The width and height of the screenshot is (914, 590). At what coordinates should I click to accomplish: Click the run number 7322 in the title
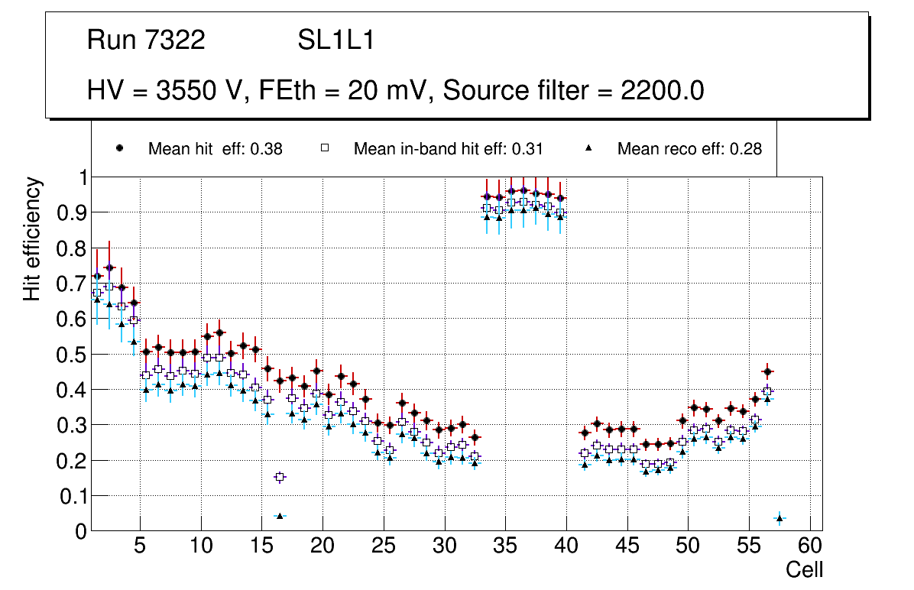coord(174,41)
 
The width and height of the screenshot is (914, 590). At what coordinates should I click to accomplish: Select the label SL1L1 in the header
coord(335,41)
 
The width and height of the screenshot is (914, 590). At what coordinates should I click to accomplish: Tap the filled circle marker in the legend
coord(119,148)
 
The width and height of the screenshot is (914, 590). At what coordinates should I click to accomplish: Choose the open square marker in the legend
coord(325,148)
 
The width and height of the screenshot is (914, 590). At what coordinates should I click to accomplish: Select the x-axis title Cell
coord(804,569)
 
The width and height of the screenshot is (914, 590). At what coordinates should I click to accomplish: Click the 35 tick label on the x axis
coord(505,547)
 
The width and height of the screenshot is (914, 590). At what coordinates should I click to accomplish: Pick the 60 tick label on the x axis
coord(810,547)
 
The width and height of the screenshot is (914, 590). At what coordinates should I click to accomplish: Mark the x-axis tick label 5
coord(139,547)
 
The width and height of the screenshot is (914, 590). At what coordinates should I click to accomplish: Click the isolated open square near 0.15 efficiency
coord(280,477)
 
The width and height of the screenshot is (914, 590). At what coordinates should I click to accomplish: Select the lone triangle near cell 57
coord(779,519)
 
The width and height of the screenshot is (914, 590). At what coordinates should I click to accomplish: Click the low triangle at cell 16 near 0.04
coord(280,516)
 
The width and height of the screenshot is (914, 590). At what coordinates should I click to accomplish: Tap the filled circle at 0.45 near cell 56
coord(767,372)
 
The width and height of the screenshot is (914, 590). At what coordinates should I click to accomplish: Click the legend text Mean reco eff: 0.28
coord(689,149)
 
